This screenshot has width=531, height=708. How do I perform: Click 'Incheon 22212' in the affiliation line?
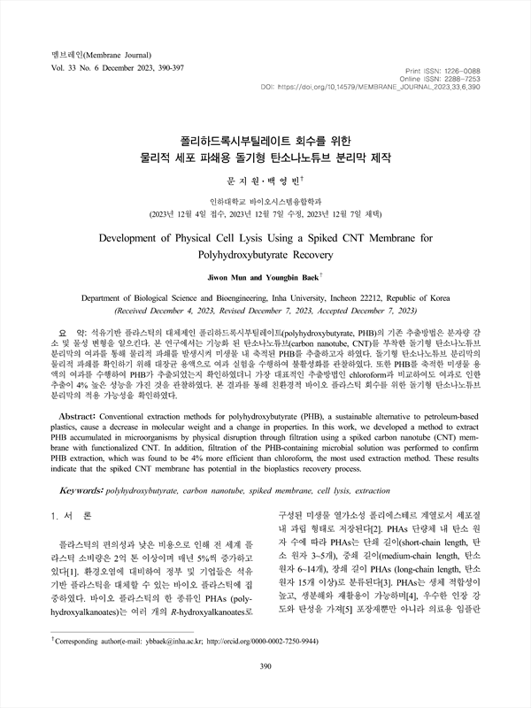[342, 300]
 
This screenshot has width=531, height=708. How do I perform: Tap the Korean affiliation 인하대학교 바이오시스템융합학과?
[265, 201]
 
